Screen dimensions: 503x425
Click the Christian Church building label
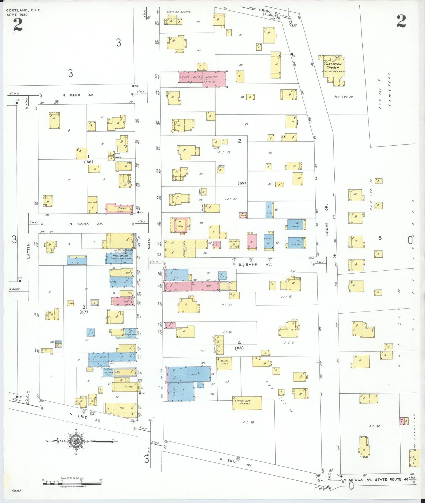333,66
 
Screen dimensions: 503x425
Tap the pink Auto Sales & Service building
203,78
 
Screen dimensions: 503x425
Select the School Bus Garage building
247,403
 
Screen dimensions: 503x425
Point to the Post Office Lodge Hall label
120,257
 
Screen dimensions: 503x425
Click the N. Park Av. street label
78,95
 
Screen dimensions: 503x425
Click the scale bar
72,483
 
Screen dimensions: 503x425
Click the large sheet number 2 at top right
401,21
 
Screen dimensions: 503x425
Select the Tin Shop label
100,357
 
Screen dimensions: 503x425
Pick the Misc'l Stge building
224,363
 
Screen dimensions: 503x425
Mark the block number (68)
239,348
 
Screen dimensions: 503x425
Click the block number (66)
88,162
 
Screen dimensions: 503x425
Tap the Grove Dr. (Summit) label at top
269,12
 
